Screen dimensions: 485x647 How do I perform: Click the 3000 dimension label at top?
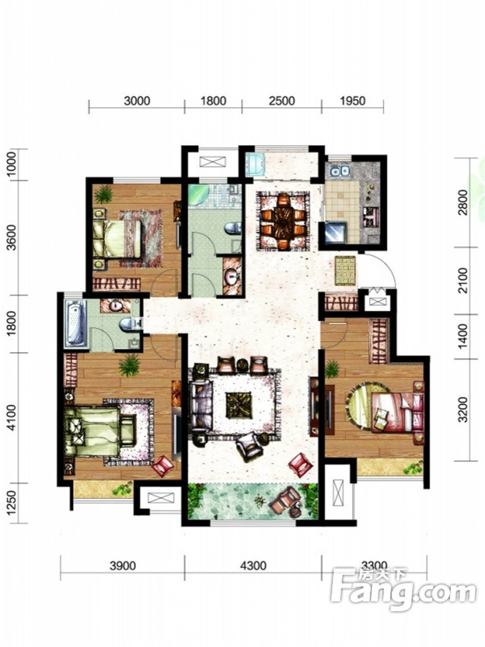(137, 101)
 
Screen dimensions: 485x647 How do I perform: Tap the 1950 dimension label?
(353, 101)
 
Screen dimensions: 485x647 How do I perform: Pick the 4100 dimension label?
(12, 417)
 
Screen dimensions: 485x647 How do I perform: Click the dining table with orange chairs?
(283, 221)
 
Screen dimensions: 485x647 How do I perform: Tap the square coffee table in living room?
(239, 404)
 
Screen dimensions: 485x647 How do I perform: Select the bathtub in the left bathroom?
(75, 322)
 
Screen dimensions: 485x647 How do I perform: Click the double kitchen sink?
(340, 170)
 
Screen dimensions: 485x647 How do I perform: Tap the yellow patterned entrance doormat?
(345, 270)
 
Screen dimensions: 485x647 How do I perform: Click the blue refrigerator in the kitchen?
(334, 232)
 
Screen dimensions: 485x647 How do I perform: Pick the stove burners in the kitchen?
(370, 217)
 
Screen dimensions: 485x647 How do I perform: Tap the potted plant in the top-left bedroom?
(103, 194)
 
